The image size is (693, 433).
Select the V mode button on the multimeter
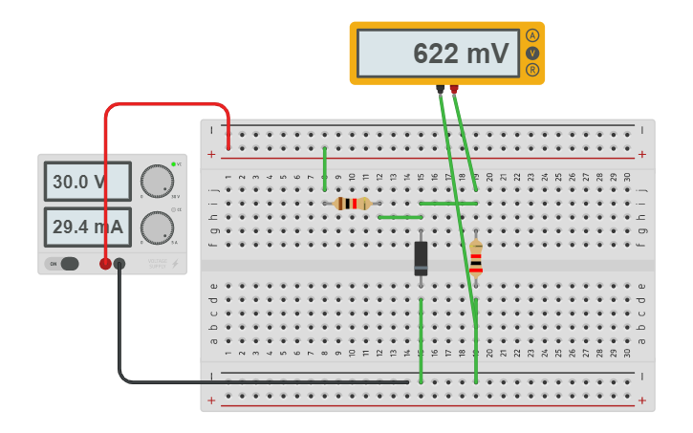point(532,54)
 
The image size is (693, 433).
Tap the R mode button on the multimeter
point(532,70)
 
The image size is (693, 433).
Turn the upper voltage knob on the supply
point(156,180)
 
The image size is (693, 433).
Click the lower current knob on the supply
point(156,227)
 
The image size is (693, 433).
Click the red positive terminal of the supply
point(105,264)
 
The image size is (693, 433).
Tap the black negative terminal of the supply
point(119,264)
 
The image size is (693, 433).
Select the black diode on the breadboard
point(421,258)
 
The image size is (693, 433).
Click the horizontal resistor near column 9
point(353,203)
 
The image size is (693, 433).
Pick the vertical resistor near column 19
point(476,256)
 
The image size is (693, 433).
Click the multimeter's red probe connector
point(454,90)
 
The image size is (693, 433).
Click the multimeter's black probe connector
point(440,90)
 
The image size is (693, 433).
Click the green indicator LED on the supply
point(174,164)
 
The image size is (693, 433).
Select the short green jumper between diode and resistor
point(400,217)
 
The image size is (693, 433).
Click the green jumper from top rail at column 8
point(325,163)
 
